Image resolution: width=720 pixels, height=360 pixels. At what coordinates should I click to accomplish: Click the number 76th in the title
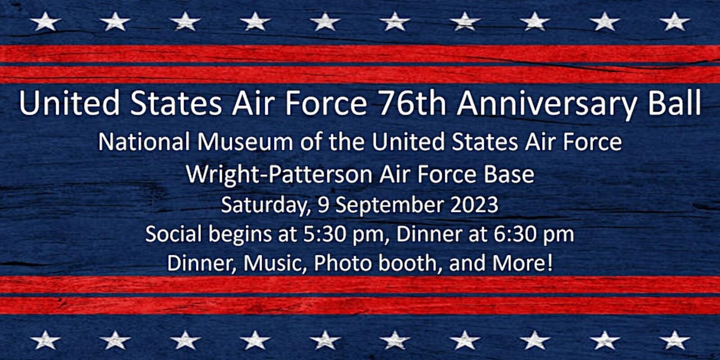click(412, 103)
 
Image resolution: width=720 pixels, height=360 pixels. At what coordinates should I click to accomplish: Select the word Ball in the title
click(675, 103)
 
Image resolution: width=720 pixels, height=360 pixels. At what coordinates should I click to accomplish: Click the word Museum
click(245, 142)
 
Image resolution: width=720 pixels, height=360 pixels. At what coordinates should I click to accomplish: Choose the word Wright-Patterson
click(279, 175)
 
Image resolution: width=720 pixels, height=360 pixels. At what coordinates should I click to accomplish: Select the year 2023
click(474, 205)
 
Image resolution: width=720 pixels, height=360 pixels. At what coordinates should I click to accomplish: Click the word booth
click(410, 263)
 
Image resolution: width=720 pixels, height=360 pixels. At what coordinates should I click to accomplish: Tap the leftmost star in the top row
click(45, 22)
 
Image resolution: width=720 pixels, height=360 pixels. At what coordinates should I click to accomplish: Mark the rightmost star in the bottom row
click(675, 340)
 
